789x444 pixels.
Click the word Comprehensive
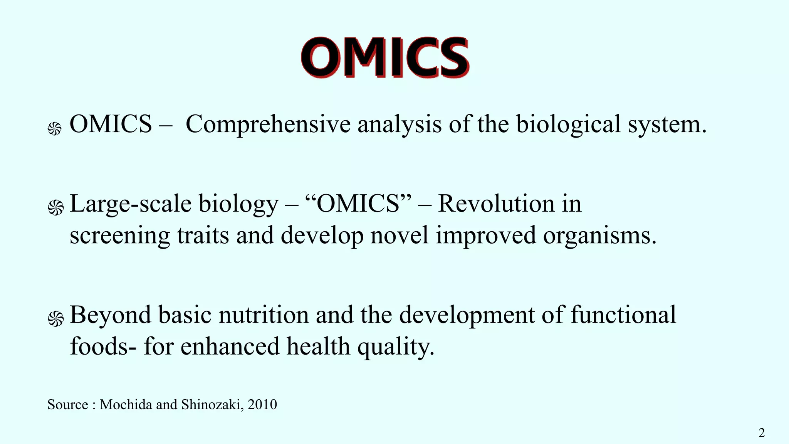click(x=268, y=124)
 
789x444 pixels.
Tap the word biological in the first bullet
click(x=568, y=124)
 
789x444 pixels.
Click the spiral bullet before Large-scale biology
click(x=55, y=208)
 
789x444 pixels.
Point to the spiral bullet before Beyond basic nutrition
click(x=55, y=319)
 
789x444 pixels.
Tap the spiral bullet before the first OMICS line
click(x=55, y=129)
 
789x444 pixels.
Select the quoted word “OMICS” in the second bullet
click(x=358, y=203)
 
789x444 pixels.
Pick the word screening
click(x=120, y=236)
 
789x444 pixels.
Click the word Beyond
click(x=111, y=315)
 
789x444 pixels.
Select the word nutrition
click(x=264, y=315)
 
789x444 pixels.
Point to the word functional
click(x=623, y=315)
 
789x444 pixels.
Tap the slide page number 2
click(x=761, y=433)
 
